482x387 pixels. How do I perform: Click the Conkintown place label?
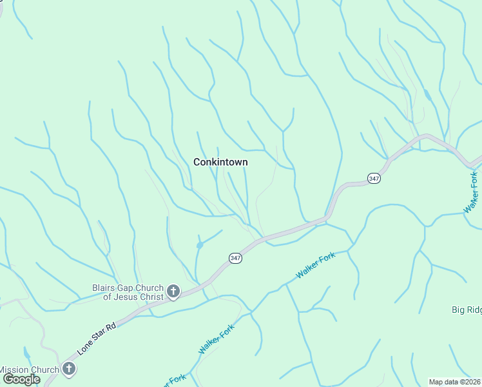point(220,163)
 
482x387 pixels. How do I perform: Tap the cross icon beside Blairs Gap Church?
point(173,292)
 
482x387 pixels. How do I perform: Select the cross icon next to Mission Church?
point(69,370)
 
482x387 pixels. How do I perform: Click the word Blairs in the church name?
point(104,287)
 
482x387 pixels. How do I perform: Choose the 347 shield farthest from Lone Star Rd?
point(374,178)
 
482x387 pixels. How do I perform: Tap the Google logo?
point(21,379)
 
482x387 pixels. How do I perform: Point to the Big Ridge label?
point(466,310)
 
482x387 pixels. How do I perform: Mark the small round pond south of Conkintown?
point(200,245)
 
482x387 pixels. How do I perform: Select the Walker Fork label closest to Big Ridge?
point(471,192)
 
